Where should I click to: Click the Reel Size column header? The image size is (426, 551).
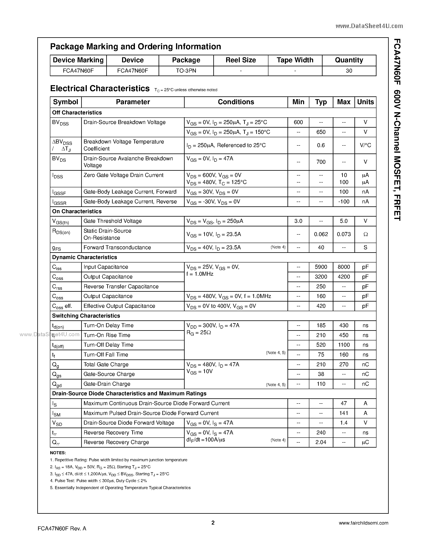(x=241, y=60)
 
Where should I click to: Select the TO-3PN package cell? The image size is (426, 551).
(x=186, y=71)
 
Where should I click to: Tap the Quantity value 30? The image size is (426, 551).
(x=349, y=71)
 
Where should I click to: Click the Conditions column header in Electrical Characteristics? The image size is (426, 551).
(x=236, y=102)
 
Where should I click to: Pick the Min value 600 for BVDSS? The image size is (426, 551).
(x=298, y=122)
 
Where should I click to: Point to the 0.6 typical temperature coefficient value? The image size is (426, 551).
(x=321, y=145)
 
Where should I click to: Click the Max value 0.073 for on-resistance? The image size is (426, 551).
(x=344, y=234)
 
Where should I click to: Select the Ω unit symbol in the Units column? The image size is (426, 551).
(x=365, y=234)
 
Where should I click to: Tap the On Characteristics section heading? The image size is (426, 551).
(x=77, y=211)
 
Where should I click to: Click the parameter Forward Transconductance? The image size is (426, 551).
(x=117, y=247)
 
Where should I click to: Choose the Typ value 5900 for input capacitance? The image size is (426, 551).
(x=321, y=267)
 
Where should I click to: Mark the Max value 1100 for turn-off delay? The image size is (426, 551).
(x=344, y=345)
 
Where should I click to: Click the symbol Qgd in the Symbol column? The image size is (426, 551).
(x=57, y=384)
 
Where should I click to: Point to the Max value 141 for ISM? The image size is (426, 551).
(x=344, y=413)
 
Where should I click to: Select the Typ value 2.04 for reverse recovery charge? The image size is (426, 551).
(x=321, y=442)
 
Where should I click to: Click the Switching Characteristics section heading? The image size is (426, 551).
(x=86, y=316)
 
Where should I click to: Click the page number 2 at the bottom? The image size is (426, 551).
(x=213, y=523)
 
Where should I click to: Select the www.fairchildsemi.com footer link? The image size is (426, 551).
(x=363, y=523)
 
